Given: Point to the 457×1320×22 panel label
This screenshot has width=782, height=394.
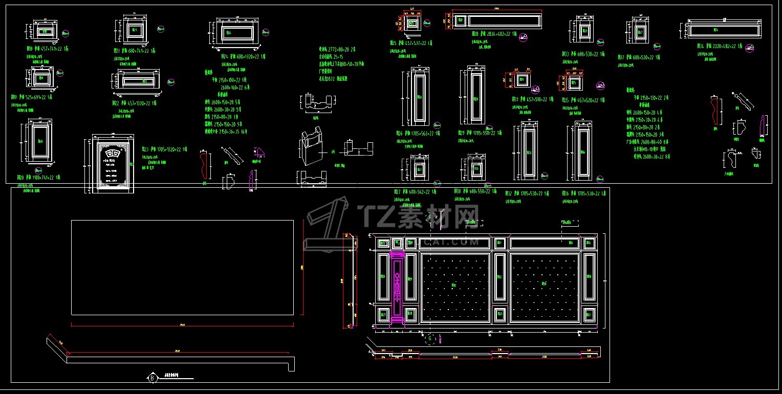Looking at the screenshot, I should [135, 103].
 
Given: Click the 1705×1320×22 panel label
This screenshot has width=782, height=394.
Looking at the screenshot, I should [165, 149].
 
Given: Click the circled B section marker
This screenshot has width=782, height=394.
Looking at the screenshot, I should [152, 378].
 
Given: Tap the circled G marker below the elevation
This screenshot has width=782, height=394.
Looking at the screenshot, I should [431, 338].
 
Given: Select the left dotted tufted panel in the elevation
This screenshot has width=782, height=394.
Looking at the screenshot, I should [454, 287].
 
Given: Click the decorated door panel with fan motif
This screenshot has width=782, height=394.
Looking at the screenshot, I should [113, 164].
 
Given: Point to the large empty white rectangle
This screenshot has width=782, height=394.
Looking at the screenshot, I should [182, 267].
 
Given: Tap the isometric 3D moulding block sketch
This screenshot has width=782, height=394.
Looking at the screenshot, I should [312, 148].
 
